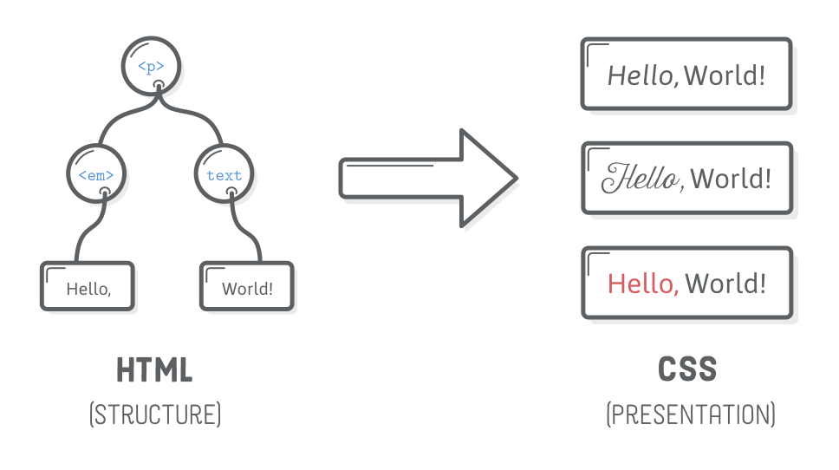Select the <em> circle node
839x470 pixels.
tap(96, 174)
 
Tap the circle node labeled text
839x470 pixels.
tap(224, 174)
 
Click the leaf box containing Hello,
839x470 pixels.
tap(88, 289)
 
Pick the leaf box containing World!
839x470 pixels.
tap(248, 289)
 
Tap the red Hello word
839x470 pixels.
tap(642, 284)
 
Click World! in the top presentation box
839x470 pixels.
tap(725, 75)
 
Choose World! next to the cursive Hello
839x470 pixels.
tap(730, 179)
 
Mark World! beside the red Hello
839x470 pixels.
tap(725, 284)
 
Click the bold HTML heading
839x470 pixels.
tap(154, 371)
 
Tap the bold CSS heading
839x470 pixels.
tap(688, 370)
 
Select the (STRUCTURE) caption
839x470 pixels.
tap(155, 414)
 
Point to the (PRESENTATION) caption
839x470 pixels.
tap(690, 415)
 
